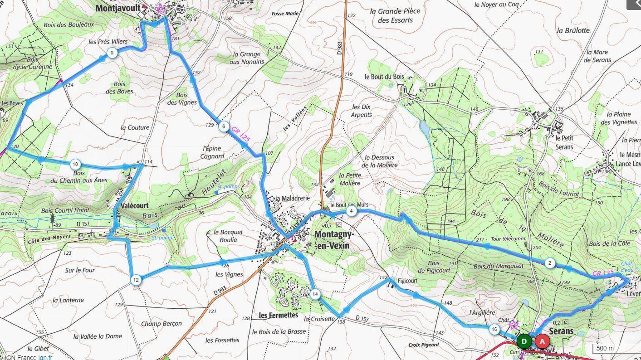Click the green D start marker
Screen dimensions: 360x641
[524, 341]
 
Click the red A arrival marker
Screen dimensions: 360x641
[542, 341]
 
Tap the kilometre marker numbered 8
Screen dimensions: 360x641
[112, 54]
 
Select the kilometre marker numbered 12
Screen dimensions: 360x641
[136, 280]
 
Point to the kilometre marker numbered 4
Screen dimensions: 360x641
[351, 211]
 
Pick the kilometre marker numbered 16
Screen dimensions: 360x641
[494, 330]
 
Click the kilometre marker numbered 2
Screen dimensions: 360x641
[549, 263]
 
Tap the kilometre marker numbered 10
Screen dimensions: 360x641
[75, 164]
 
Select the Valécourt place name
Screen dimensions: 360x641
[135, 205]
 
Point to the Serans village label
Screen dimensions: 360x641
[561, 331]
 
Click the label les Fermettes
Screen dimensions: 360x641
[278, 315]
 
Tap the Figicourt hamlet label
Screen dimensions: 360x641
[407, 281]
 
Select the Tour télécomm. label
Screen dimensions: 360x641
[508, 239]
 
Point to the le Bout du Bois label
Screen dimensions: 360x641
[384, 77]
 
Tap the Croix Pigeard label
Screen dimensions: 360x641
[423, 345]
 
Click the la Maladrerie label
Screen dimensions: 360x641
[293, 198]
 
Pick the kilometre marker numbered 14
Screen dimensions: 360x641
[315, 294]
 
